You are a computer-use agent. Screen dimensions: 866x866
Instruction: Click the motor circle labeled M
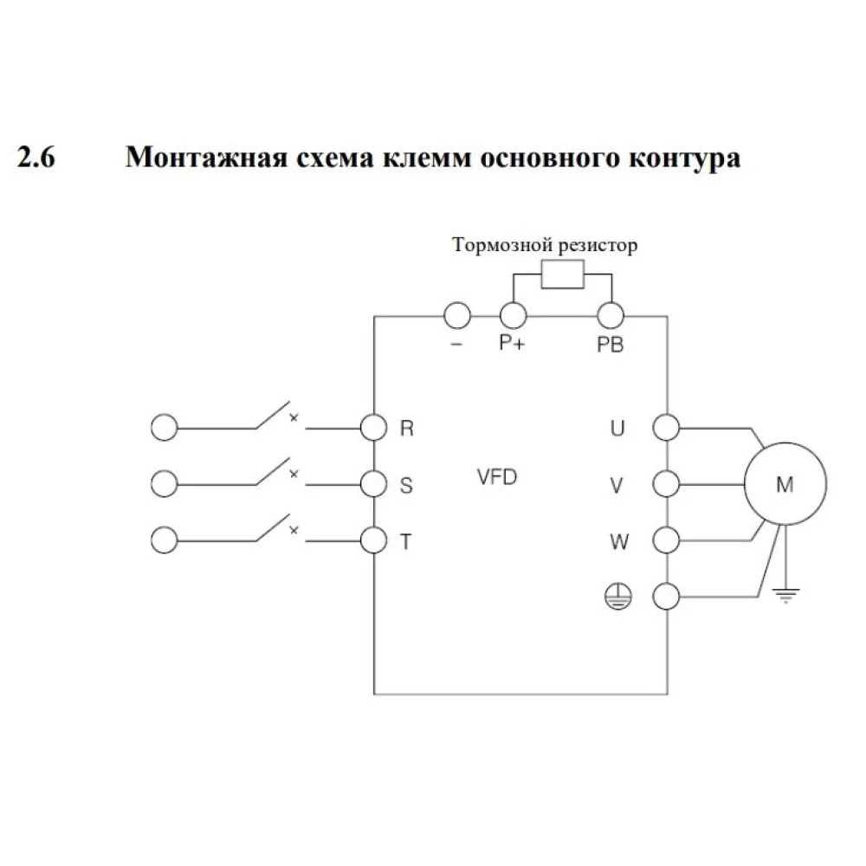[x=784, y=485]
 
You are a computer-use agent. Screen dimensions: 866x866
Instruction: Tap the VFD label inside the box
[x=497, y=477]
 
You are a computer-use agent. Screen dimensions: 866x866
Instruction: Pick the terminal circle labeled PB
[x=611, y=316]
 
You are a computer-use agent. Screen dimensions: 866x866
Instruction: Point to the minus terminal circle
[x=457, y=316]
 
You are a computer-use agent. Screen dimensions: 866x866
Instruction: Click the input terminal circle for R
[x=373, y=427]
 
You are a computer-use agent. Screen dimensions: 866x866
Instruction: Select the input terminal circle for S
[x=373, y=482]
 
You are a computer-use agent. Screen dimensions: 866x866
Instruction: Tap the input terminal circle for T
[x=373, y=539]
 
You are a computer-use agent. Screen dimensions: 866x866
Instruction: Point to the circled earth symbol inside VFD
[x=617, y=596]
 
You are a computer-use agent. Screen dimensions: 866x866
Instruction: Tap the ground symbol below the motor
[x=785, y=593]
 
